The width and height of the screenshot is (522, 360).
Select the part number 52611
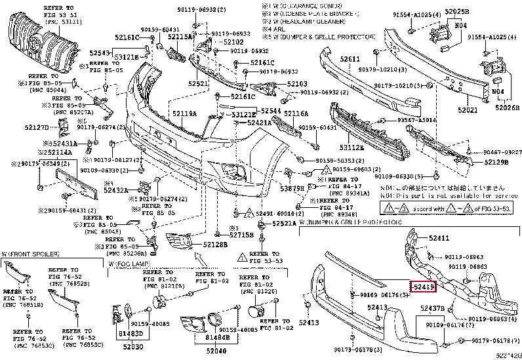click(350, 59)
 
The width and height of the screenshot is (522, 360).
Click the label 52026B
click(506, 107)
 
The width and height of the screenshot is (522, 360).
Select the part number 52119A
click(184, 113)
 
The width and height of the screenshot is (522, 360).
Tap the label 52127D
click(37, 127)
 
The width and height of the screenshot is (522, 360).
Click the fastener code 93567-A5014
click(418, 121)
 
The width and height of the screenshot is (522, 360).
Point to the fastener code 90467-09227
click(502, 151)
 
